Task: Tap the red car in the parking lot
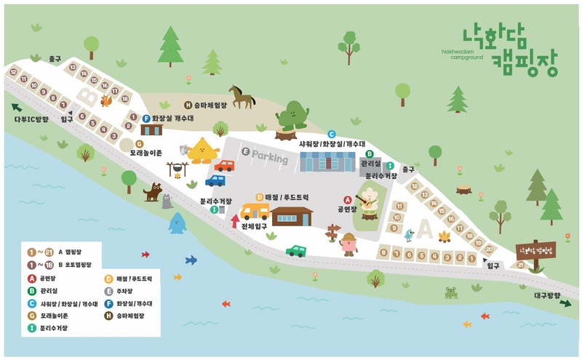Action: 224,166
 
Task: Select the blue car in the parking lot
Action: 215,180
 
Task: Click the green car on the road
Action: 296,251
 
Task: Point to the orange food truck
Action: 255,212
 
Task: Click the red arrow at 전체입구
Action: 235,221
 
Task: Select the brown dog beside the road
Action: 153,192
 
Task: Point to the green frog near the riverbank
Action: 451,292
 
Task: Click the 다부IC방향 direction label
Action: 30,119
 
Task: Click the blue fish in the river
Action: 191,260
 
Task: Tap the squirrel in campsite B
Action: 106,100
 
